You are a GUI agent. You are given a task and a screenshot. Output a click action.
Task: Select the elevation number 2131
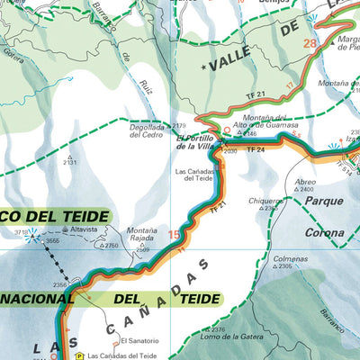pos(70,163)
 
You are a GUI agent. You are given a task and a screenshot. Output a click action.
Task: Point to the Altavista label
pos(82,231)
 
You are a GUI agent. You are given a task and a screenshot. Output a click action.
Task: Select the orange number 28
pos(310,44)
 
